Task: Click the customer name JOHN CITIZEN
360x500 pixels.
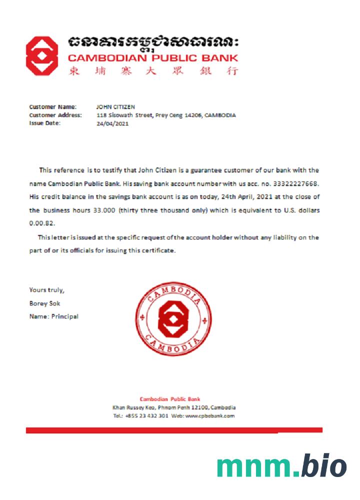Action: click(x=115, y=106)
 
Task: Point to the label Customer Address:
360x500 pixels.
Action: click(x=55, y=115)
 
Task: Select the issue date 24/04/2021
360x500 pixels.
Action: click(x=112, y=123)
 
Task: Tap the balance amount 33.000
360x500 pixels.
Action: click(x=104, y=210)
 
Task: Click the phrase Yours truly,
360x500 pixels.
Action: click(x=46, y=290)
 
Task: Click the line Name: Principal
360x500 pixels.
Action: click(x=53, y=316)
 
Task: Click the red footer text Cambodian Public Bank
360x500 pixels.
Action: click(x=170, y=399)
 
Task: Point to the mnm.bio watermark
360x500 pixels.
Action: click(x=281, y=466)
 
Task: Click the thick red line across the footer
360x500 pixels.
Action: click(x=174, y=430)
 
